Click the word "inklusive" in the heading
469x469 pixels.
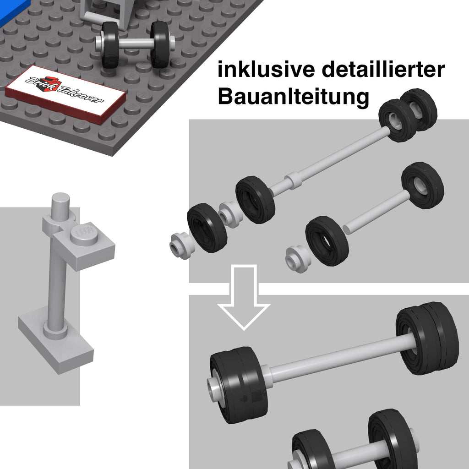266,70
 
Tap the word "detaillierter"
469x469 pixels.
383,69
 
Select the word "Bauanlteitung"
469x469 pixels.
294,97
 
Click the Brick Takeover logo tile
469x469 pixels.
65,93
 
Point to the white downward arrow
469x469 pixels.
244,297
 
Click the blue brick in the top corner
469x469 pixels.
13,11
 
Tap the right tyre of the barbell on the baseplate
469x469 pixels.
160,44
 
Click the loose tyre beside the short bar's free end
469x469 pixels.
327,241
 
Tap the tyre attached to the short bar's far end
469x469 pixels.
422,185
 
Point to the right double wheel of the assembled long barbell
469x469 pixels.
427,338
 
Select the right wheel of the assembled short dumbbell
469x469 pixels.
393,440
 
